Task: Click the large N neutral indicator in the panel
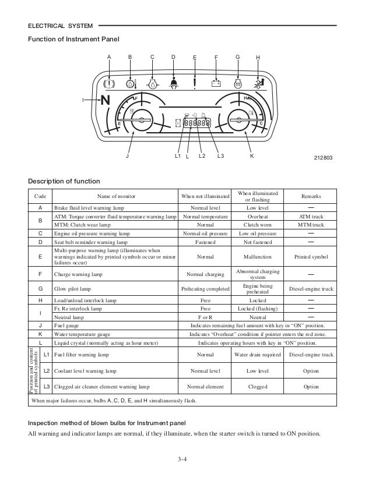coord(106,101)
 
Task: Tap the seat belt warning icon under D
coord(174,82)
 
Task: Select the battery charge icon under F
coord(216,83)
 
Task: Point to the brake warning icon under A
coord(110,83)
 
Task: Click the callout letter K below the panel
coord(251,156)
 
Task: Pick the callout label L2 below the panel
coord(202,156)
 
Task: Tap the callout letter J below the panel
coord(128,156)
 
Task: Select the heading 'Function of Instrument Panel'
coord(73,39)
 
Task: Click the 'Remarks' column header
coord(311,196)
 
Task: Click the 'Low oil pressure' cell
coord(258,232)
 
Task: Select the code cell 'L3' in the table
coord(46,386)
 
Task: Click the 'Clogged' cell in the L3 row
coord(258,386)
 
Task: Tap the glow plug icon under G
coord(237,83)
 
